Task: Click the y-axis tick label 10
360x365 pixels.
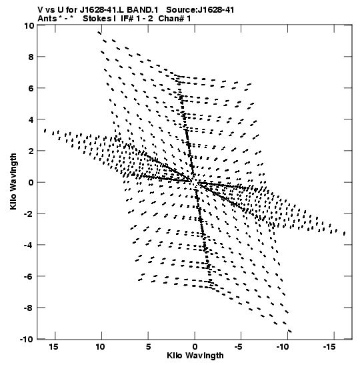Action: [29, 25]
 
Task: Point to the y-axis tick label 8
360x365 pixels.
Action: [31, 57]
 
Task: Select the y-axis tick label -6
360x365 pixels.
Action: [29, 276]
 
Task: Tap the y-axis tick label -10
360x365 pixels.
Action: [27, 339]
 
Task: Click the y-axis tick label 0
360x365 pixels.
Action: [31, 182]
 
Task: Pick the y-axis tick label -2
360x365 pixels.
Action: [29, 214]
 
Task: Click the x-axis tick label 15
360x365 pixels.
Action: [53, 347]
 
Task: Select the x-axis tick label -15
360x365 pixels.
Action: [329, 347]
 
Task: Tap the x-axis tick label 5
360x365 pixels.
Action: [149, 347]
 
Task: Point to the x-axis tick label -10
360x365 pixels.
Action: [283, 347]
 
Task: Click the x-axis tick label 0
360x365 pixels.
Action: [195, 347]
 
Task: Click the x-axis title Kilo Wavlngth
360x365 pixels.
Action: [195, 356]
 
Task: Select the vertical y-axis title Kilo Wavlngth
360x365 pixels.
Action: [13, 181]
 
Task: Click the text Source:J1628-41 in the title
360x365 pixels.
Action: [200, 10]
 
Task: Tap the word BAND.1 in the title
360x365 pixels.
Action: [142, 10]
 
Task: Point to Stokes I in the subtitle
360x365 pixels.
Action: [99, 19]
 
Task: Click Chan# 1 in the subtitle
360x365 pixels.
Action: [175, 19]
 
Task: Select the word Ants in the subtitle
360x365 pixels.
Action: [47, 19]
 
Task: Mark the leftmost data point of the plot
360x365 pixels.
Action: [45, 131]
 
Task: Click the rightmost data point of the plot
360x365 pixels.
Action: [345, 234]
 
